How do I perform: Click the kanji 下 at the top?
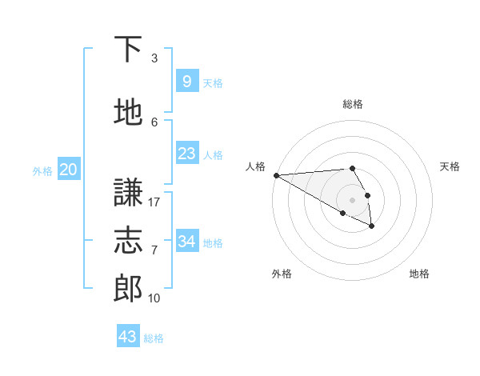point(128,50)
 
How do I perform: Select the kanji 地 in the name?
point(128,113)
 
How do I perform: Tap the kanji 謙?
point(128,193)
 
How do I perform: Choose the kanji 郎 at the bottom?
point(128,289)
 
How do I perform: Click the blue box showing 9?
point(186,82)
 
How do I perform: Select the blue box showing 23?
point(186,154)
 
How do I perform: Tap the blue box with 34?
point(186,242)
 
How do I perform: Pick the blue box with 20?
point(69,170)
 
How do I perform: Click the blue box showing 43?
point(128,337)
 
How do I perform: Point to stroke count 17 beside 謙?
point(154,202)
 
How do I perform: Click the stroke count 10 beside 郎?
point(154,298)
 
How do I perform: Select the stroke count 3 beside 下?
point(154,58)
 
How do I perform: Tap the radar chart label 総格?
point(352,104)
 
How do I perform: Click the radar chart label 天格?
point(450,166)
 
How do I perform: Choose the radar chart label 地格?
point(419,274)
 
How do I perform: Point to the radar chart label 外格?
point(282,274)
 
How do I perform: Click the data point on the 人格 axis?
point(276,175)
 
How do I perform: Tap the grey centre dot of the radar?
point(352,200)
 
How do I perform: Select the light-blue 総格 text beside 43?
point(154,338)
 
